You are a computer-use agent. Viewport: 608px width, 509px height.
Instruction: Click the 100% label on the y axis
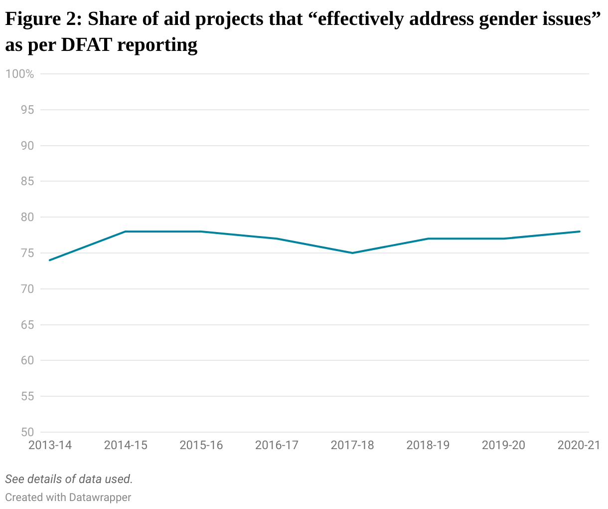pos(20,74)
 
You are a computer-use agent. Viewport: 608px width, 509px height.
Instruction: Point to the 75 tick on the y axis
pos(27,253)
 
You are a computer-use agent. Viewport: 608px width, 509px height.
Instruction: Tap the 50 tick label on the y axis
pos(27,432)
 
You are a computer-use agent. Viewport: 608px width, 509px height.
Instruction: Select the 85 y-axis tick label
pos(27,181)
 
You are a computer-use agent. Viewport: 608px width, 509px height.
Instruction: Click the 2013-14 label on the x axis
pos(50,445)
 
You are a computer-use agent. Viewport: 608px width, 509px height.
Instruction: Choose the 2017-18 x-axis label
pos(352,445)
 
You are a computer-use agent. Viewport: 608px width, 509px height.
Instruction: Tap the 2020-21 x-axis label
pos(579,445)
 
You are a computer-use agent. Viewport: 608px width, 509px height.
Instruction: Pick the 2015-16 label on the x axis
pos(201,445)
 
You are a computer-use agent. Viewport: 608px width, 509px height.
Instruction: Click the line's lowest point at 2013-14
pos(50,260)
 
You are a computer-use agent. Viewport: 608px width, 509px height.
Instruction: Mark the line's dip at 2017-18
pos(352,253)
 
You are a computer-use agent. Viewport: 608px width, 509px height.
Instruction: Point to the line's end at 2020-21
pos(580,232)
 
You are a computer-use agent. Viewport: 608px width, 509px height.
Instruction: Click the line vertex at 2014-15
pos(126,232)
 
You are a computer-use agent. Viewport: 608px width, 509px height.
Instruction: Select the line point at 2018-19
pos(428,239)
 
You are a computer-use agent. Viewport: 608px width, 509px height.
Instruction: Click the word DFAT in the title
pos(87,45)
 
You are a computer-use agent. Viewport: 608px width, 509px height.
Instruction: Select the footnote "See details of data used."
pos(69,479)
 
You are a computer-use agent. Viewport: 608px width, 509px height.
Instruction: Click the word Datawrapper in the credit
pos(100,498)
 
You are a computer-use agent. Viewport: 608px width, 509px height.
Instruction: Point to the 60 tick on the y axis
pos(27,360)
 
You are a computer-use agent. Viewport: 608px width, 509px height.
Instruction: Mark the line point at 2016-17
pos(277,239)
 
